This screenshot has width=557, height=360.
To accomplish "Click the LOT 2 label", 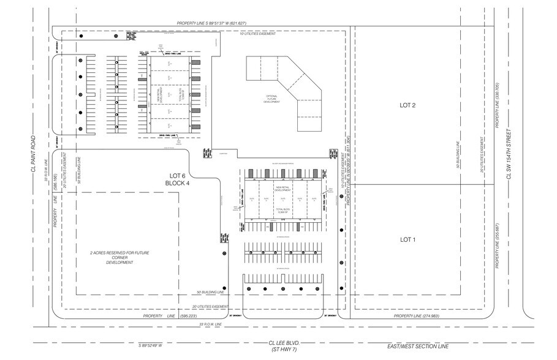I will tap(407, 105).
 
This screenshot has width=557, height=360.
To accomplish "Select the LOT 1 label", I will tap(407, 239).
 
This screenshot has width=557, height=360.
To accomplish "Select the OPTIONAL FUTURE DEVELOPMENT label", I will tap(272, 99).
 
